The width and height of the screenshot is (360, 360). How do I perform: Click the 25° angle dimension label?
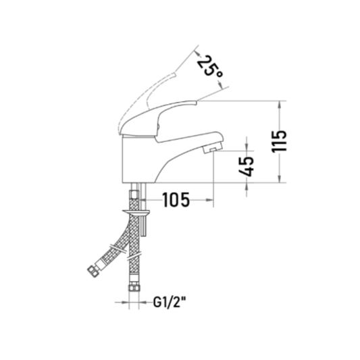(x=210, y=69)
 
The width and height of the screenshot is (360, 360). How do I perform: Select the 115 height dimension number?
(x=279, y=141)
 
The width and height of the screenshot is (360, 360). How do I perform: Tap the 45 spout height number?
(x=247, y=166)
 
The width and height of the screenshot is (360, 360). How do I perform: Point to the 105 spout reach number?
(x=176, y=199)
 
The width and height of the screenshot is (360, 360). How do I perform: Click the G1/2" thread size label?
(x=170, y=302)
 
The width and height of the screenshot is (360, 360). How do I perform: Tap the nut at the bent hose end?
(x=93, y=271)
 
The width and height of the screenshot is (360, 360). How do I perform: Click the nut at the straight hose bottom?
(x=134, y=287)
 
